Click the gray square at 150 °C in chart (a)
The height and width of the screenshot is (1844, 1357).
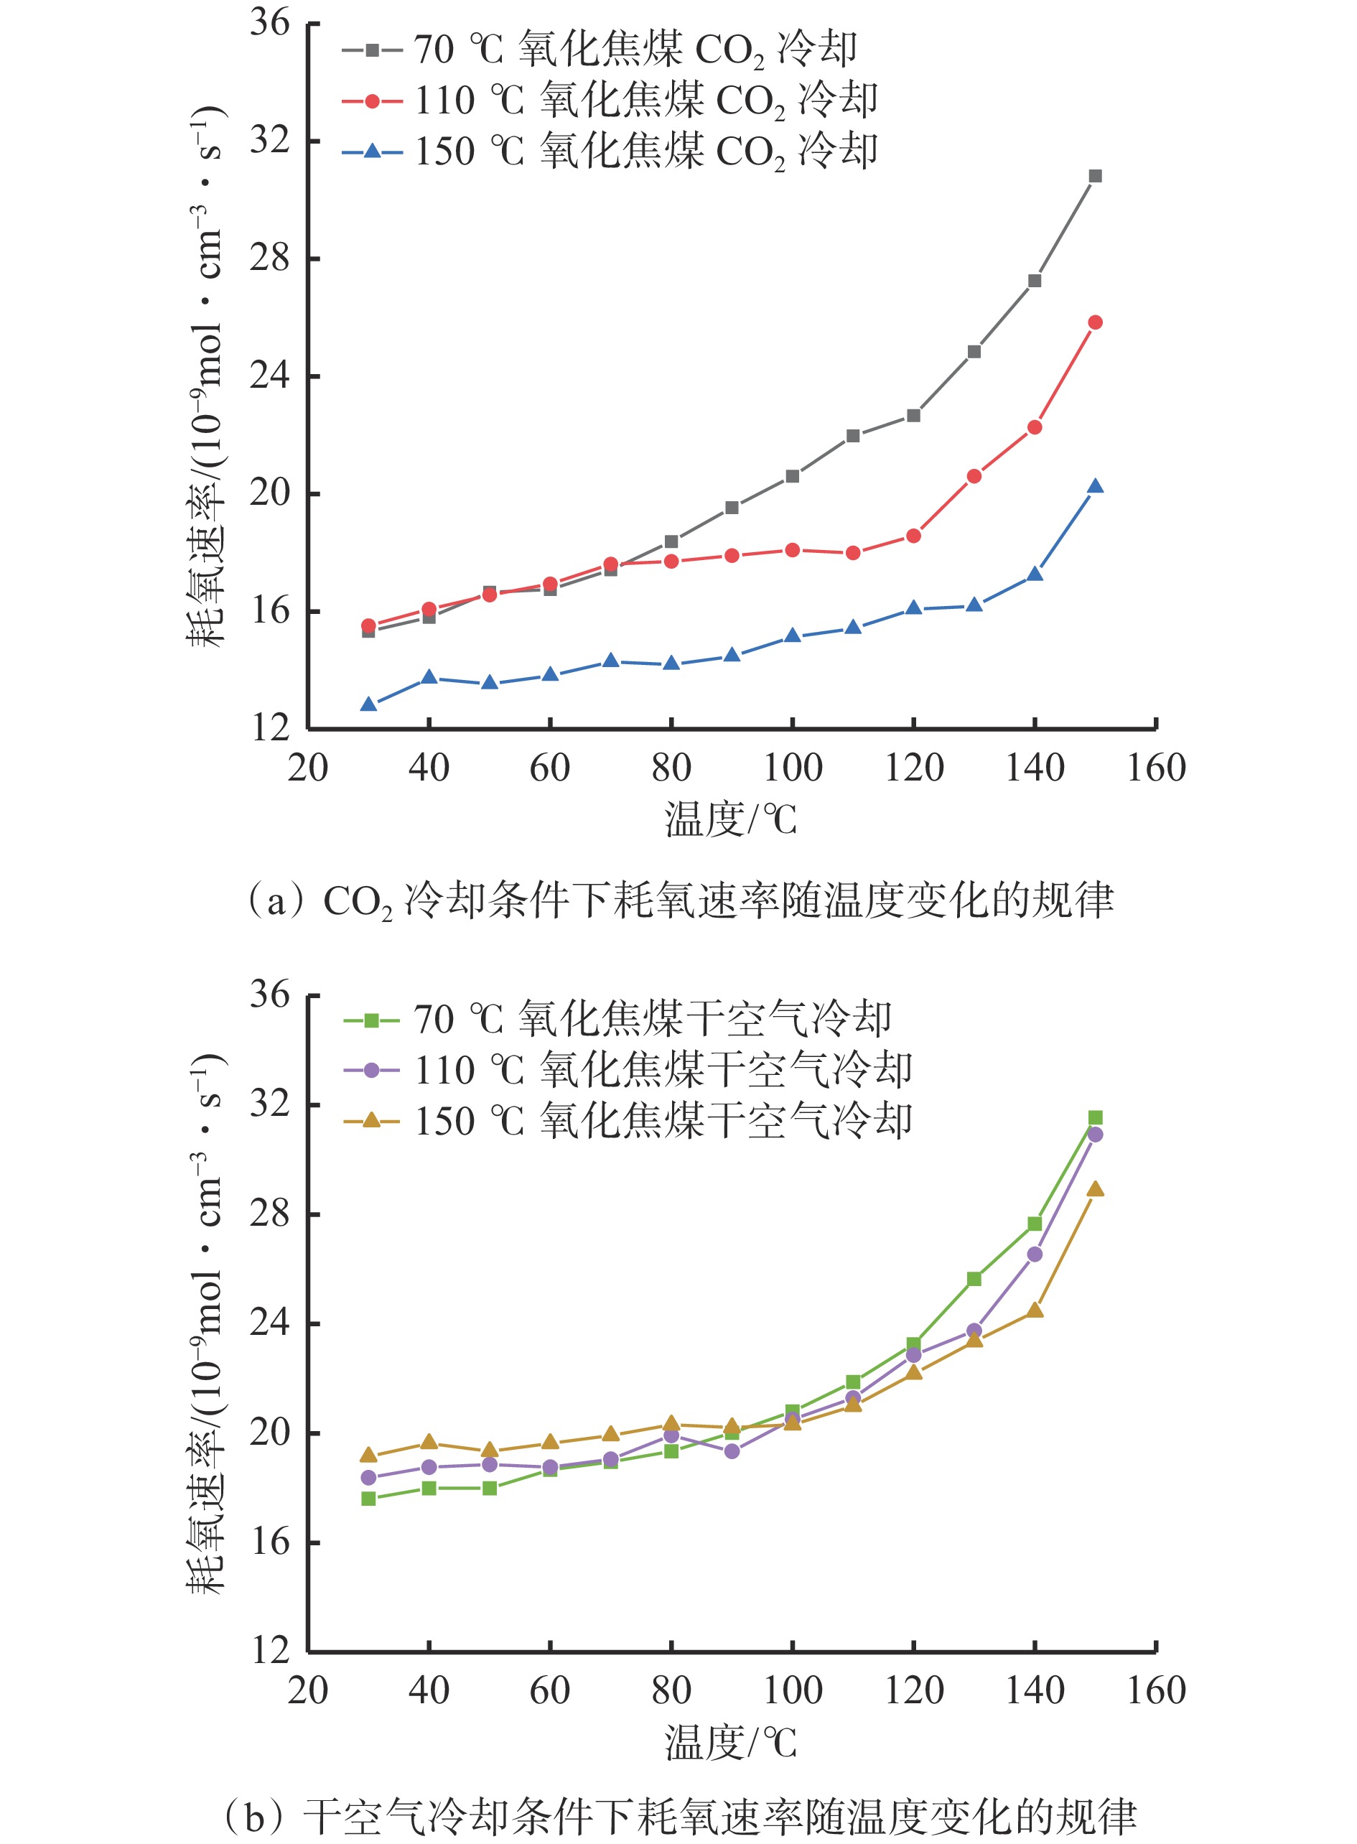tap(1095, 176)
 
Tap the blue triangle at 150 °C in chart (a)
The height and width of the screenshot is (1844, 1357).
tap(1095, 487)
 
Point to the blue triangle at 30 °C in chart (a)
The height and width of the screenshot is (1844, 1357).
tap(369, 704)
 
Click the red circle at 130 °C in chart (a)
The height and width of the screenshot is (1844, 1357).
tap(974, 476)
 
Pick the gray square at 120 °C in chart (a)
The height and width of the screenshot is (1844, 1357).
tap(913, 416)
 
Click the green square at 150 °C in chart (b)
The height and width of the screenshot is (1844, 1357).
tap(1095, 1118)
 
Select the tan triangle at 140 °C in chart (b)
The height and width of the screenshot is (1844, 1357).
tap(1035, 1310)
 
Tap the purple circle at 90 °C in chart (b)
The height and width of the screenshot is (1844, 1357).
tap(732, 1451)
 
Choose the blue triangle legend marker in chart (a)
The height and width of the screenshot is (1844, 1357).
tap(372, 151)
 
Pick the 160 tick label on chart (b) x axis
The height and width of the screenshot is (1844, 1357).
tap(1156, 1690)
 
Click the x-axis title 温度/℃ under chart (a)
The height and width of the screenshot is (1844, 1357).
tap(730, 819)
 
